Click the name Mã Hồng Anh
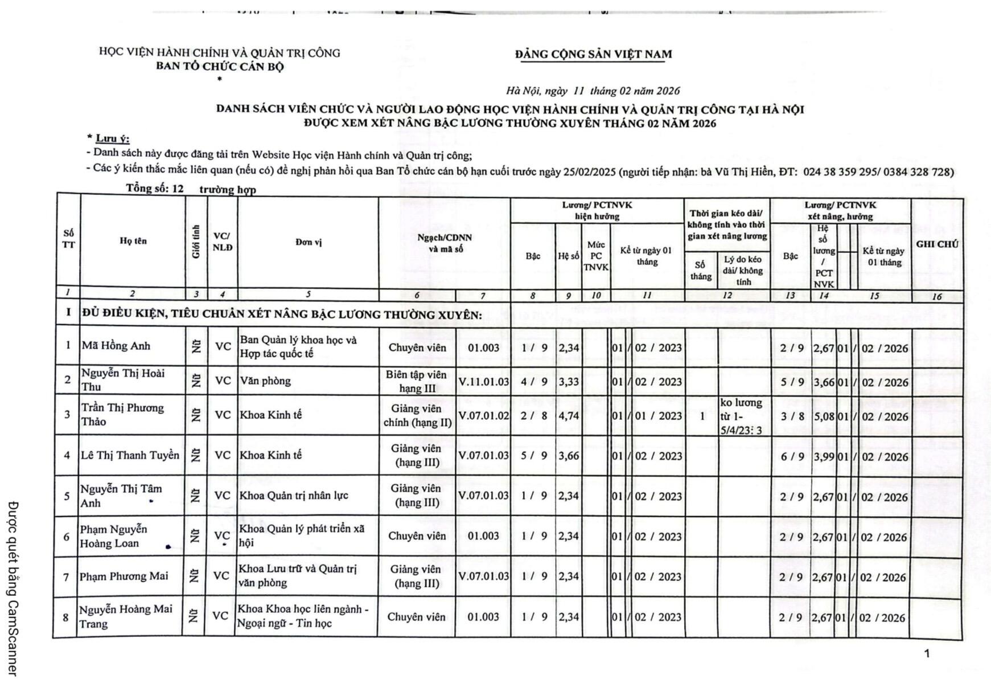116,345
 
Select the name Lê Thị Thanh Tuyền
130,455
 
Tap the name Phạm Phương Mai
124,576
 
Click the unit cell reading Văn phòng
265,381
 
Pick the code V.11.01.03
483,382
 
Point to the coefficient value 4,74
568,415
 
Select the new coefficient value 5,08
823,416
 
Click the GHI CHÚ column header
936,244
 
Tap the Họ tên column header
133,241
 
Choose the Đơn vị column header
308,243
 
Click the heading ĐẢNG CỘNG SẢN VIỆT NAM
593,54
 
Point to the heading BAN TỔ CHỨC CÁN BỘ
220,66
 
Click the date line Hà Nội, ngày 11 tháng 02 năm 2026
593,91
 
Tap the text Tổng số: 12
155,189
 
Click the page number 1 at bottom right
927,653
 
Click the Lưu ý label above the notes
112,138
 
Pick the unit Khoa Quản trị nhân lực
293,496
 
